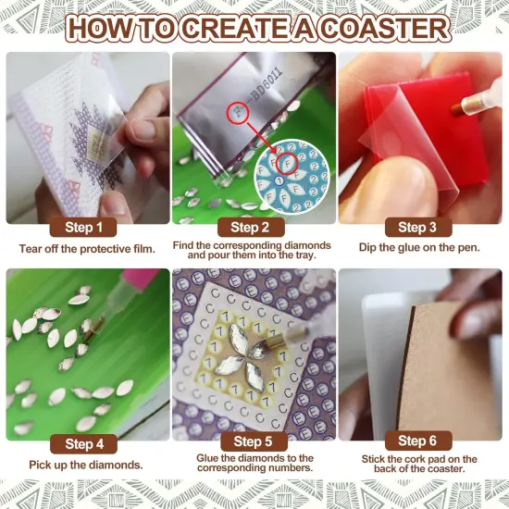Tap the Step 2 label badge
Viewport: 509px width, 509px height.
tap(254, 227)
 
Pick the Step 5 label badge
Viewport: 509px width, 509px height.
tap(254, 442)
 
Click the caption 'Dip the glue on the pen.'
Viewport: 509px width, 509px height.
tap(420, 248)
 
